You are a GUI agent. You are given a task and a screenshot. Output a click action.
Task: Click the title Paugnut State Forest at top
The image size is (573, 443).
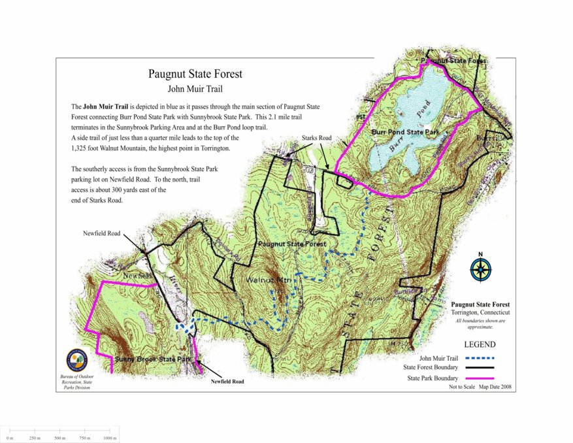coord(195,74)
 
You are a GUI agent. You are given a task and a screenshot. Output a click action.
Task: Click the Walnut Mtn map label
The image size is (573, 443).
coord(268,280)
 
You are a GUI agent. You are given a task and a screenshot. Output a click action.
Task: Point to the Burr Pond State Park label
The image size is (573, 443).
coord(404,132)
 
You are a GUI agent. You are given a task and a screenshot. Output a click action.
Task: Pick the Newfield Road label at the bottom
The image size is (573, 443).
coord(227,382)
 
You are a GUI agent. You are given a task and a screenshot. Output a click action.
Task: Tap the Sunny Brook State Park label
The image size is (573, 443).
coord(153,360)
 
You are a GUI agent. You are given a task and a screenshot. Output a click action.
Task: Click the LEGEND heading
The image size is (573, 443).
coord(480,345)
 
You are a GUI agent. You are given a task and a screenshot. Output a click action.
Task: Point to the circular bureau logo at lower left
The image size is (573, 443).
coord(77,360)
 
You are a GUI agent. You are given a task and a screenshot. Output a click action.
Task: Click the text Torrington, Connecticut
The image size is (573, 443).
coord(480,313)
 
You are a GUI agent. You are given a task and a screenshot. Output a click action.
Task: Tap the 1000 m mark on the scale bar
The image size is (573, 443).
coord(109,437)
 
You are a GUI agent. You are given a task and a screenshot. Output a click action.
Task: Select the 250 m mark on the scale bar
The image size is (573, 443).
coord(35,437)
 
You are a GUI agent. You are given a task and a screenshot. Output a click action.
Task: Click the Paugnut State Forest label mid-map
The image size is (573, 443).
coord(291,244)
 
